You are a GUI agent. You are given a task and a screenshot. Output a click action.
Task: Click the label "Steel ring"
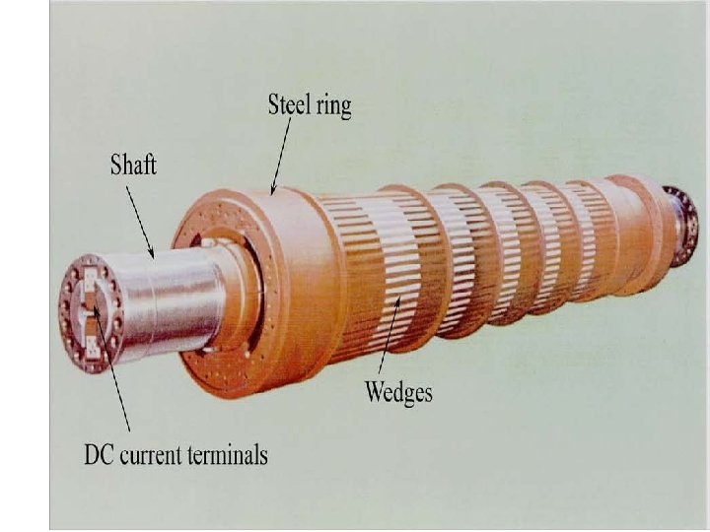(x=309, y=105)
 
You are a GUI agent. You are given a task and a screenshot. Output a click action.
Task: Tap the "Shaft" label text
(x=132, y=165)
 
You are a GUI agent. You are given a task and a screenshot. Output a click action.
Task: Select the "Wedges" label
(x=398, y=392)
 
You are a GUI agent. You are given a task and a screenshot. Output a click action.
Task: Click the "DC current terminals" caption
(x=176, y=455)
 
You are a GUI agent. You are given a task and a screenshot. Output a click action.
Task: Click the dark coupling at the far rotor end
(x=680, y=224)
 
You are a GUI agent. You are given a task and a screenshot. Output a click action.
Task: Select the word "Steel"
(x=290, y=105)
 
